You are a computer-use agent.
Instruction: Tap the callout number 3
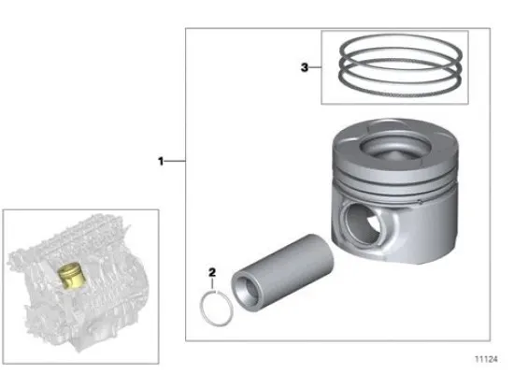(304, 66)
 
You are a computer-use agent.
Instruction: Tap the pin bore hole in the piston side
(361, 225)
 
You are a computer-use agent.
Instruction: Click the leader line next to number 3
(317, 66)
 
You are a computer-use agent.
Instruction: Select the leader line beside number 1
(176, 162)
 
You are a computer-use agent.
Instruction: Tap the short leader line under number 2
(213, 284)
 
